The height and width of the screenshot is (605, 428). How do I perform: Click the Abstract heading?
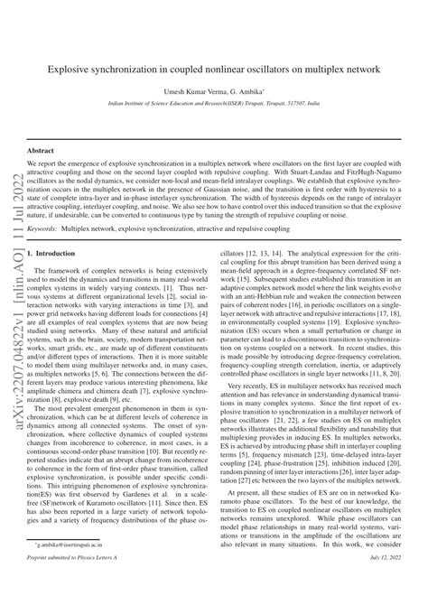pos(41,151)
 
